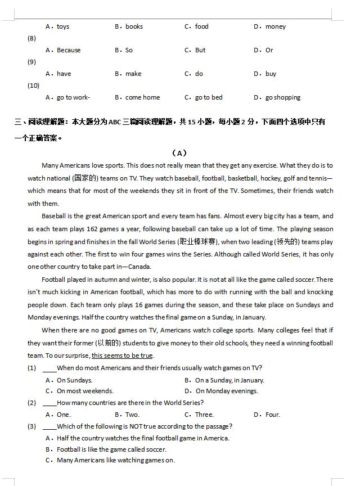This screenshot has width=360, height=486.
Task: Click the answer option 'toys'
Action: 63,26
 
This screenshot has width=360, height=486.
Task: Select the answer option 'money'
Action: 276,26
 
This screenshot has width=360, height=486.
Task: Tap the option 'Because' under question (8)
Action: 69,50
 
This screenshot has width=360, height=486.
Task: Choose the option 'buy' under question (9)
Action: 271,74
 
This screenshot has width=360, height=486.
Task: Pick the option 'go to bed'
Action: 209,97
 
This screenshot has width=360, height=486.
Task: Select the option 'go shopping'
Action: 283,97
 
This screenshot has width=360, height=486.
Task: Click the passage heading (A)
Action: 179,153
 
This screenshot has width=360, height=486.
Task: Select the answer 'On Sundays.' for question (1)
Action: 74,380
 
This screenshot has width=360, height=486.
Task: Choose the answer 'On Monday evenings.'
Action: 227,391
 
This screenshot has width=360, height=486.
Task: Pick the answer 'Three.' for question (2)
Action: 204,415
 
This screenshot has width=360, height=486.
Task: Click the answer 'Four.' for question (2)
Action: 272,415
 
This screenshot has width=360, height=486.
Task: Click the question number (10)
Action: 33,85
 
